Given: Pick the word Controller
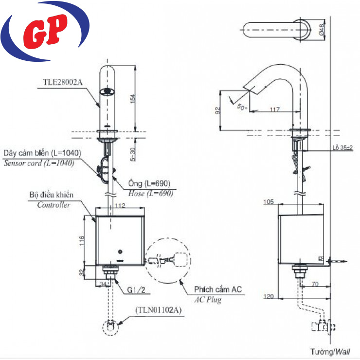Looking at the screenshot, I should tap(54, 205).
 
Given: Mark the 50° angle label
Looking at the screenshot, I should tap(242, 106).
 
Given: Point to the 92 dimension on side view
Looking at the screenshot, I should tap(218, 110).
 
